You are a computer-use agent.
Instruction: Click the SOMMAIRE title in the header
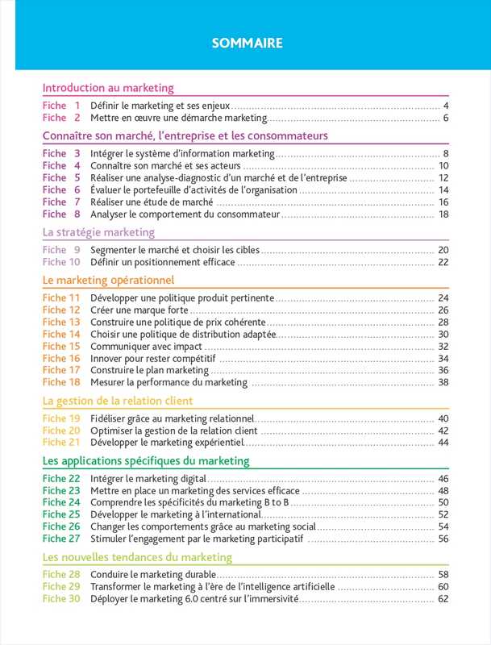coord(247,44)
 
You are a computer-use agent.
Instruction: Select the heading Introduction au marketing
coord(108,88)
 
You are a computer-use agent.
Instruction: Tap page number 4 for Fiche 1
coord(446,106)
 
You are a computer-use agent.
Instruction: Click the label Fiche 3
coord(61,153)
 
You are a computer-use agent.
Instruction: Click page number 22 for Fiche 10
coord(443,262)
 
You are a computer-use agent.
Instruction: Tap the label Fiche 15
coord(61,346)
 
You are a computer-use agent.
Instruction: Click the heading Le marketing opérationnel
coord(108,281)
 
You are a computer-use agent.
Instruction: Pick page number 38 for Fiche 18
coord(443,382)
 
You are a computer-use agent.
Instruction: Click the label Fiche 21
coord(61,443)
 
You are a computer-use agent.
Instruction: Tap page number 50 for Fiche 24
coord(443,502)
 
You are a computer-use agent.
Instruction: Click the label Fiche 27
coord(61,539)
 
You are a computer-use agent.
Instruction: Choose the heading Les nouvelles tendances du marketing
coord(137,557)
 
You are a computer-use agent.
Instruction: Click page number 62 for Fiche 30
coord(443,599)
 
